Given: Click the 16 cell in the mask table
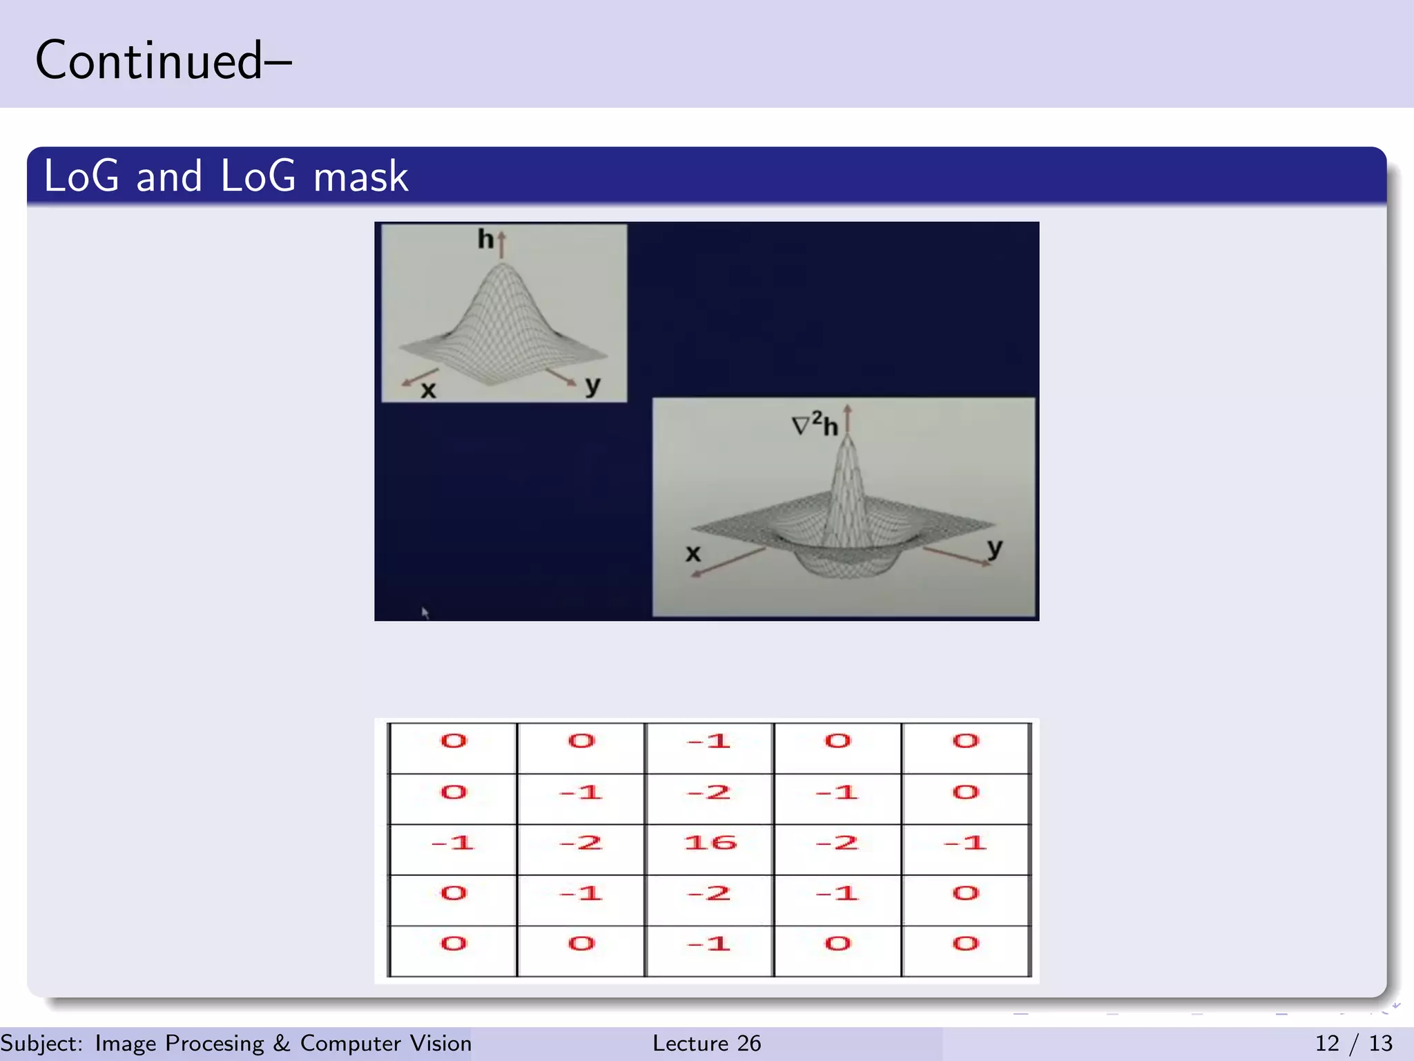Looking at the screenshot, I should click(710, 843).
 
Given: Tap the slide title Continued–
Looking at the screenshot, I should click(164, 61).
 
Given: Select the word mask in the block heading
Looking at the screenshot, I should click(360, 176).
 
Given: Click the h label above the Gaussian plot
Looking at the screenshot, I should click(485, 239).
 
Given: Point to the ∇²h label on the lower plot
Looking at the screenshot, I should click(815, 424).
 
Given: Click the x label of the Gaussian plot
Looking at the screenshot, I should click(429, 390).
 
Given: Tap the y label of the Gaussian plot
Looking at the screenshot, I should click(592, 385).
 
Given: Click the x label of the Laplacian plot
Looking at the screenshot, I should click(693, 553).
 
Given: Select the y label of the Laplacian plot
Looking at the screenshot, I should click(994, 548).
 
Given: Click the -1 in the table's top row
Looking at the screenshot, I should click(710, 741).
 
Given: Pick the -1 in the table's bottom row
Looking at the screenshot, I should click(710, 944).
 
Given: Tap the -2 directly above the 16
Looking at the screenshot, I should click(710, 792).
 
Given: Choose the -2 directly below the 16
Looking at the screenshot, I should click(710, 893).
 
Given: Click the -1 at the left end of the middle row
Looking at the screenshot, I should click(453, 843).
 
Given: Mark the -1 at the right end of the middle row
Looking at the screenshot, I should click(966, 843).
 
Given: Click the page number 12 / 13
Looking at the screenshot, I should click(1353, 1043).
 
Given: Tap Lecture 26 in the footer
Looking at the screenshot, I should click(706, 1043).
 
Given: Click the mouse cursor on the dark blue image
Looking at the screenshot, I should click(425, 612).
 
